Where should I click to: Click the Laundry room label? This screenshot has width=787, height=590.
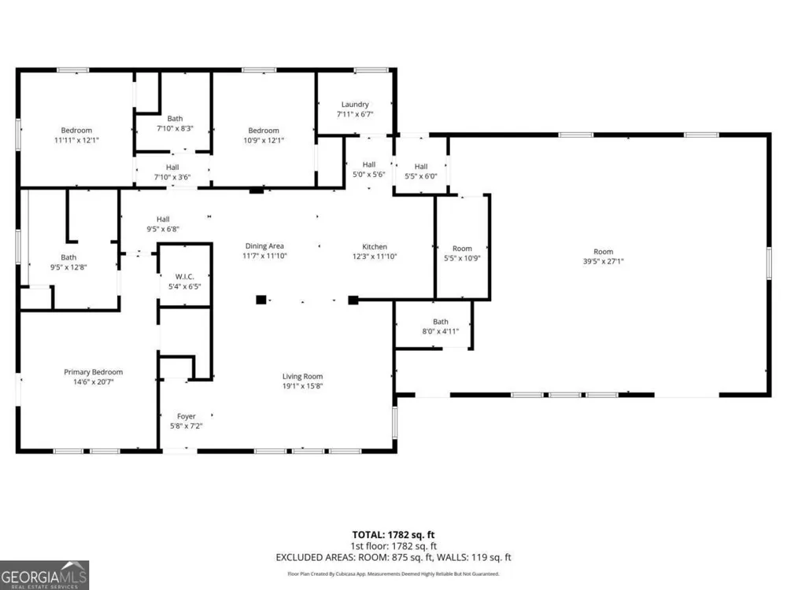[355, 105]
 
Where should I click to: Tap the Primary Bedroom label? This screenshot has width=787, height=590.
[94, 372]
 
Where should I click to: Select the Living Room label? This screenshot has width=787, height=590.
[302, 376]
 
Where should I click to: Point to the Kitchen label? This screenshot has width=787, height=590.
[375, 246]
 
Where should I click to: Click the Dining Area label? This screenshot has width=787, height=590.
[264, 245]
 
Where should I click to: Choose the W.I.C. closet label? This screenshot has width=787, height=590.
[185, 276]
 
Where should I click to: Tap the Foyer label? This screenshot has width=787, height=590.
[187, 416]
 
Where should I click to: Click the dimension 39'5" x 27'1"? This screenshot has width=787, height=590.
[604, 261]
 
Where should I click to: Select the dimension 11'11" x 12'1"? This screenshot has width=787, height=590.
[77, 141]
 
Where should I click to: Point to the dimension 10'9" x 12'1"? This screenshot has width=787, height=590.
[264, 141]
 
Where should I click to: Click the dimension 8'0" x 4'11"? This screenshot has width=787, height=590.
[441, 331]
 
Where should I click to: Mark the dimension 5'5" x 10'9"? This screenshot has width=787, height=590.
[462, 258]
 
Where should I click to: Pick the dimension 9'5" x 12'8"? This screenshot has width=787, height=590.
[68, 267]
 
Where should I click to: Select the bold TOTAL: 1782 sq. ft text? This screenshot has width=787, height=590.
[393, 535]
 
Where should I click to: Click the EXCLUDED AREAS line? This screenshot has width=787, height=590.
[393, 558]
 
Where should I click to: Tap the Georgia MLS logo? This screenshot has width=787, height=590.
[44, 576]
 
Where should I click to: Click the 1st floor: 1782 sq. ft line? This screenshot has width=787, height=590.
[393, 547]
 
